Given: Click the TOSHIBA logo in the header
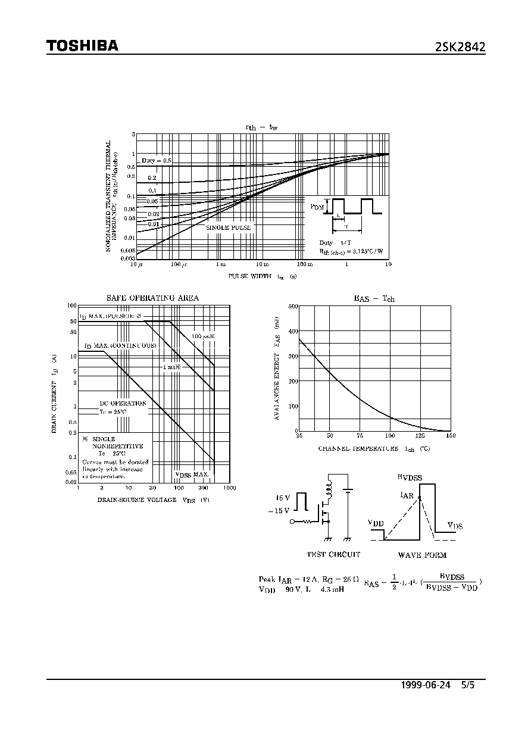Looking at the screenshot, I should coord(82,46).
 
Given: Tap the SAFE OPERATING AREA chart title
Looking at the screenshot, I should coord(152,298).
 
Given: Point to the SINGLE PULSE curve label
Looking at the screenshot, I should coord(228,227).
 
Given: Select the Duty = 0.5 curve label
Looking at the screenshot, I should coord(156,161).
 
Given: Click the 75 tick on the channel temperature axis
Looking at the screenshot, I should coord(360,436).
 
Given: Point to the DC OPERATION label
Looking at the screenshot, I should coord(123,403).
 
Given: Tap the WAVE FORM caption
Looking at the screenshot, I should coord(422,555).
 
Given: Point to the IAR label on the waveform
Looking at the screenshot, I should coord(408,495).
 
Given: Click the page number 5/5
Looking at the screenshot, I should coord(469,685).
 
